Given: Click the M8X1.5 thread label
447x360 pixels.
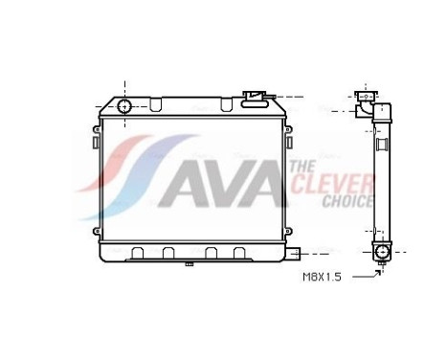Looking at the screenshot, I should coord(323,277).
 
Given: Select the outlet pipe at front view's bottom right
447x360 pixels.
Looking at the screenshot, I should coord(297,255).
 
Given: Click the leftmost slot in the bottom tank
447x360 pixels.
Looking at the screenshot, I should coord(138,253).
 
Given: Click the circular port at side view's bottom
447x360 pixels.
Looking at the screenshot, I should coord(382,252).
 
